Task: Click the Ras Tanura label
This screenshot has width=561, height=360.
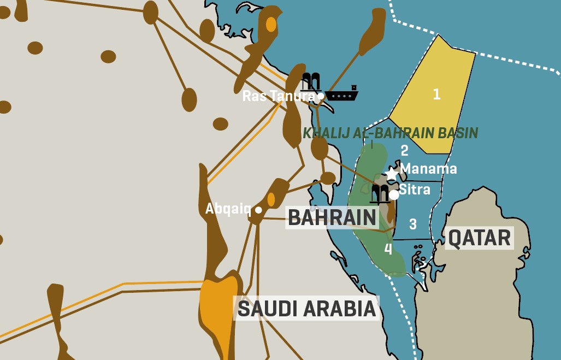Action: click(277, 96)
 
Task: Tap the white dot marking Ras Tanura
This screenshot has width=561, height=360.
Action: click(321, 96)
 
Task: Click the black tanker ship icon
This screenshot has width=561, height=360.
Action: click(342, 94)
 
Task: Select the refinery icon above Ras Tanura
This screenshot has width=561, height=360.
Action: click(311, 82)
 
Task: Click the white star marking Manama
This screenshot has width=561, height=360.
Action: click(392, 174)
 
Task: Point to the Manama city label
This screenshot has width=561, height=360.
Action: click(429, 168)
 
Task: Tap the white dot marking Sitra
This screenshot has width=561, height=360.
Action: click(394, 195)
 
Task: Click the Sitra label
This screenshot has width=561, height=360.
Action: click(415, 190)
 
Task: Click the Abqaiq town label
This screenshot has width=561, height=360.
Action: click(228, 209)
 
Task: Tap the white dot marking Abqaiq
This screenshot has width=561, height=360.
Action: click(258, 210)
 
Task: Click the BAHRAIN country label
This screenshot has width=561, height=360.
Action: click(332, 217)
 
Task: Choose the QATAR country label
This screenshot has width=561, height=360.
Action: click(480, 238)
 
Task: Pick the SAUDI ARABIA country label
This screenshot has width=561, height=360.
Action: click(307, 309)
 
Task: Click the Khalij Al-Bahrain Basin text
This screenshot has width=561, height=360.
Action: click(390, 133)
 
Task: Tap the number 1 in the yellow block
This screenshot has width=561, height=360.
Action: click(436, 94)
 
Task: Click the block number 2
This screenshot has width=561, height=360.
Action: click(404, 150)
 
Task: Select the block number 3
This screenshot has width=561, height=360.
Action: click(413, 224)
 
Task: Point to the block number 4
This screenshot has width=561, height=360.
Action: click(388, 250)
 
